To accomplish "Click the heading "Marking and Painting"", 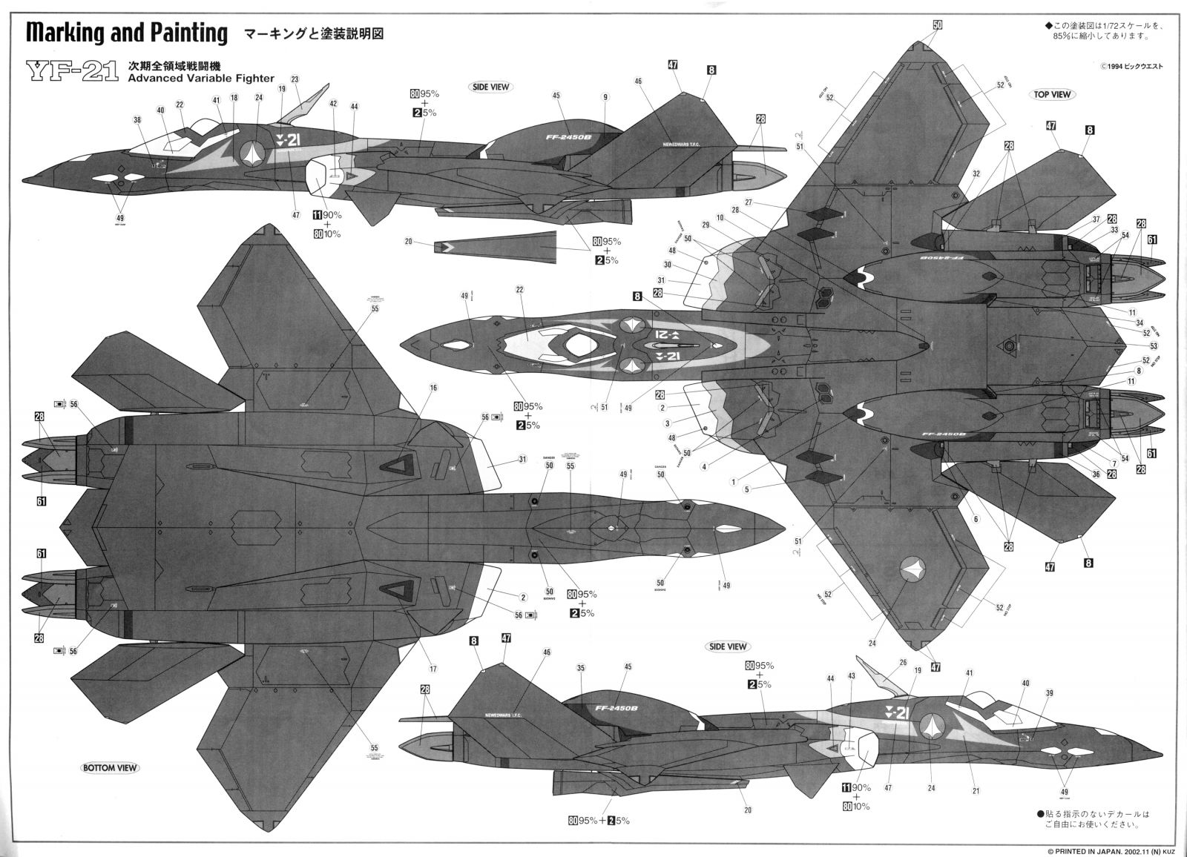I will [x=126, y=33].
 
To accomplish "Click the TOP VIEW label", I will [x=1051, y=94].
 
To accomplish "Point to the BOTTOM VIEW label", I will [x=109, y=767].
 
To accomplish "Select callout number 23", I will [x=295, y=79].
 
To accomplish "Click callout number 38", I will [x=137, y=119].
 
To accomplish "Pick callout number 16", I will [x=433, y=388].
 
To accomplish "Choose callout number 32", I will [x=976, y=173].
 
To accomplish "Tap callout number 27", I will [x=749, y=202].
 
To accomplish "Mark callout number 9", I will [x=605, y=97].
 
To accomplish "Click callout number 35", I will [x=581, y=668].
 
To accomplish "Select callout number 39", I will [x=1049, y=692].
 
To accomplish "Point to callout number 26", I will [x=903, y=664].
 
